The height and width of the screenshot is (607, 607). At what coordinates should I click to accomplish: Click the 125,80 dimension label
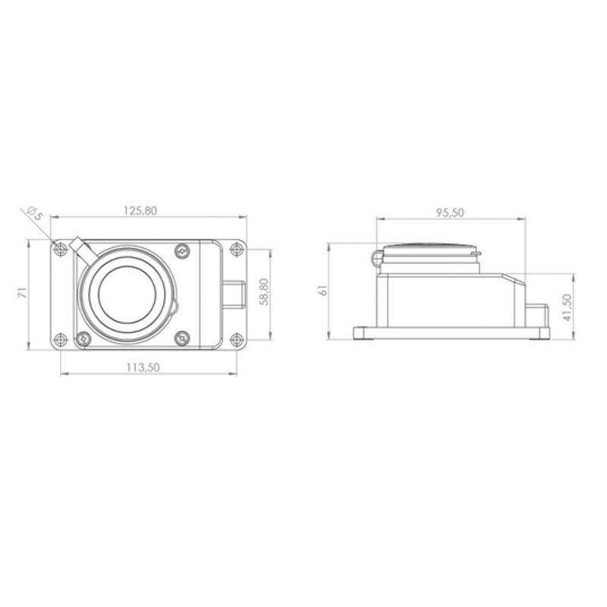pos(140,211)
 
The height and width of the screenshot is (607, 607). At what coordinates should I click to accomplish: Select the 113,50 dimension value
pos(143,367)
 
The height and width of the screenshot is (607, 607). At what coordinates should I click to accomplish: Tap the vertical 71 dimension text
pos(24,292)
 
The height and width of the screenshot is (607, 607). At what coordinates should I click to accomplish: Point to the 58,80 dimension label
pos(264,292)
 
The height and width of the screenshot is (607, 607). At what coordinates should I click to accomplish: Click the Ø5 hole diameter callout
pos(34,214)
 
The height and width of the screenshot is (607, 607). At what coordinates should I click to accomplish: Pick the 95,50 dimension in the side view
pos(450,212)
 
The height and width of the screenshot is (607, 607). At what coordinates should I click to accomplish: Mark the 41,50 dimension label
pos(567,307)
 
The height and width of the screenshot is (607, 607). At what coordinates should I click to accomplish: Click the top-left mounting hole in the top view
pos(60,249)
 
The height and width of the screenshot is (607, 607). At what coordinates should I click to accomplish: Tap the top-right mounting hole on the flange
pos(236,249)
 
